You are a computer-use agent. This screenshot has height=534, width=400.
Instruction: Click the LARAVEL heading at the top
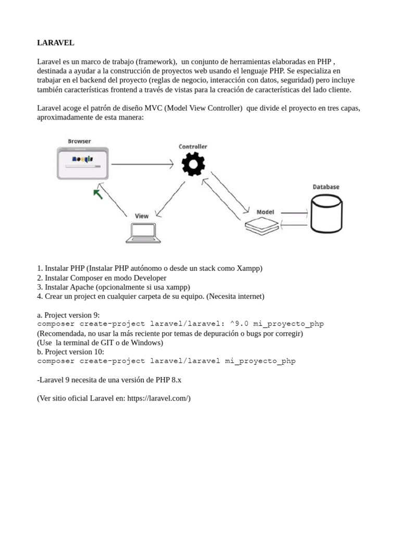point(56,42)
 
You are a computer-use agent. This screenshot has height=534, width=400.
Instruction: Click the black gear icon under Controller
point(193,165)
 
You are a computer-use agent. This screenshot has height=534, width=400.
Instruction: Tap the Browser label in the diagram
point(79,141)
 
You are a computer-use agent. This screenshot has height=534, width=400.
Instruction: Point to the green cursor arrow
point(97,195)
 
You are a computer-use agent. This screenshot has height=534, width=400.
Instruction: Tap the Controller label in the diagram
point(193,147)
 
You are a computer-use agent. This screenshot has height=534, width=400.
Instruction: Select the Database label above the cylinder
point(326,187)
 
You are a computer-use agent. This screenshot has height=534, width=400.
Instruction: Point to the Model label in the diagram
point(265,212)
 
